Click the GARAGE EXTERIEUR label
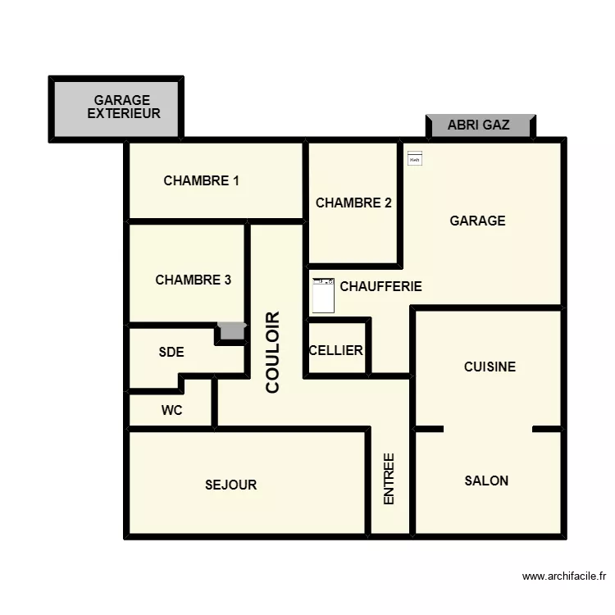point(123,107)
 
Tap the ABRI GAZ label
point(479,125)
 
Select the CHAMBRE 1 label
point(201,180)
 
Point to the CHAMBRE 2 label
point(353,203)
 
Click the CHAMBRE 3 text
point(193,280)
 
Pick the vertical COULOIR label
point(273,352)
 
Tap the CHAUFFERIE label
point(380,286)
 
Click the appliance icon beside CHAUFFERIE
point(324,296)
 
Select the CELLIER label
point(336,350)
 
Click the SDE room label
point(171,353)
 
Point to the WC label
point(172,410)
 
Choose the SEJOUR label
point(230,485)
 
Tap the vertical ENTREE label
point(389,479)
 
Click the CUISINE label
point(490,367)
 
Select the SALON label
point(486,481)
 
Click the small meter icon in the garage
point(414,158)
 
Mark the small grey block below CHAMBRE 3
point(232,331)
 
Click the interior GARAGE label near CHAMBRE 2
point(477,221)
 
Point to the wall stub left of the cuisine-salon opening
point(429,429)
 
